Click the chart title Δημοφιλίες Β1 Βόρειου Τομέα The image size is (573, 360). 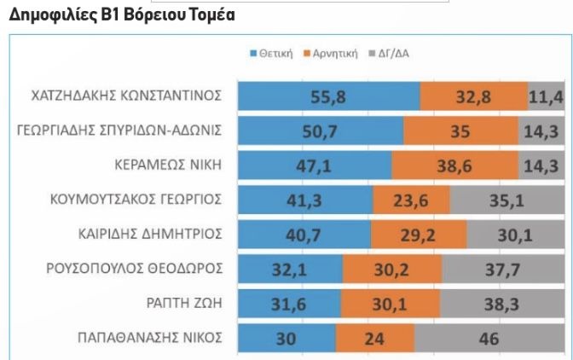pos(121,16)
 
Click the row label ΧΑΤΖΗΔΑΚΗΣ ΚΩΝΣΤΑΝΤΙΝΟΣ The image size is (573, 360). pos(119,96)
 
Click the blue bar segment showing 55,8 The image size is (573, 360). pos(329,96)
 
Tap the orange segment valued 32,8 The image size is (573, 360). pos(474,96)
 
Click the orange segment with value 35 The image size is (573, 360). pos(460,131)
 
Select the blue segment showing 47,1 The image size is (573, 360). pos(314,166)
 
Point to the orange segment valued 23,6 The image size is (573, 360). pos(410,200)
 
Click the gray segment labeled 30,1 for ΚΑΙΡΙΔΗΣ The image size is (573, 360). pos(515,235)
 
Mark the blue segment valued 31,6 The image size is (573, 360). pos(289,304)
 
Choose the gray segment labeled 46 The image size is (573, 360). pos(489,338)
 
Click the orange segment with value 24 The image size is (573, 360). pos(375,338)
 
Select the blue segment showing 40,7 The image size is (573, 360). pos(304,235)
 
